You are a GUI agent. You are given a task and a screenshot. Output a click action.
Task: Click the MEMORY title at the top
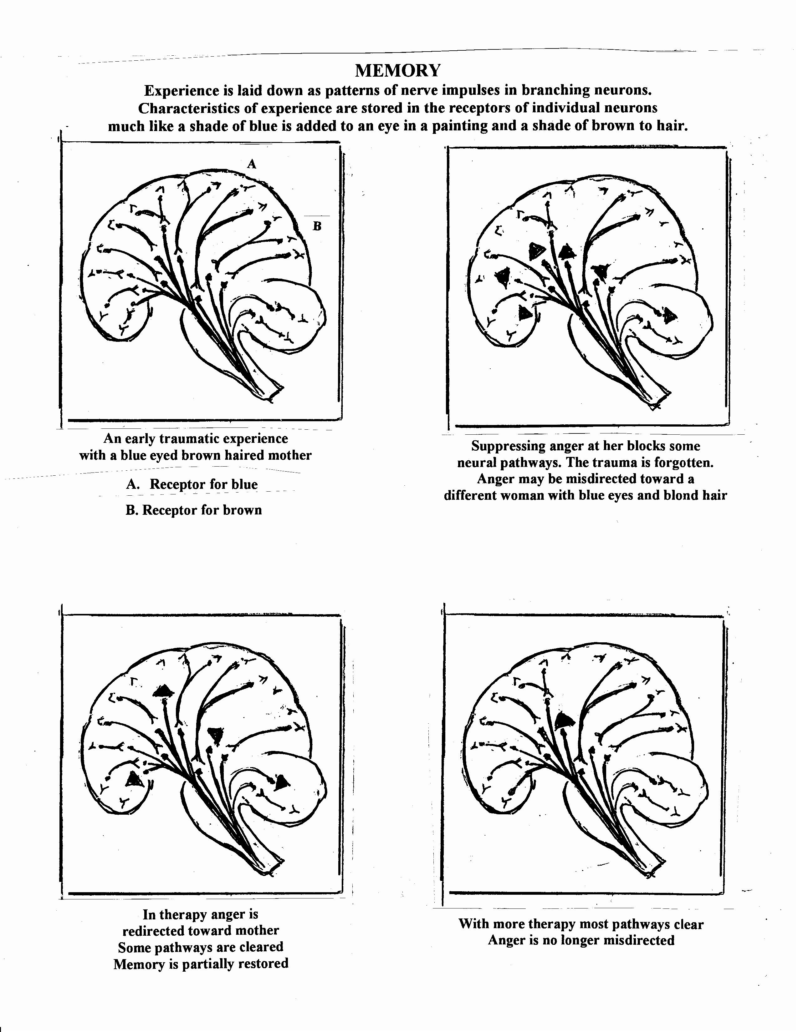[x=397, y=71]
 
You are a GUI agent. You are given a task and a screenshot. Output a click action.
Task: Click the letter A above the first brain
[x=252, y=164]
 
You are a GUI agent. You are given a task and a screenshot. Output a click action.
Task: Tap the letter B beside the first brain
[x=317, y=226]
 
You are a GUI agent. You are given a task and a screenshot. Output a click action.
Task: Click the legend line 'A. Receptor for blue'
[x=192, y=484]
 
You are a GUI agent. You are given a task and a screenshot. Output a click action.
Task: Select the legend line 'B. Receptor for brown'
[x=193, y=510]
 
